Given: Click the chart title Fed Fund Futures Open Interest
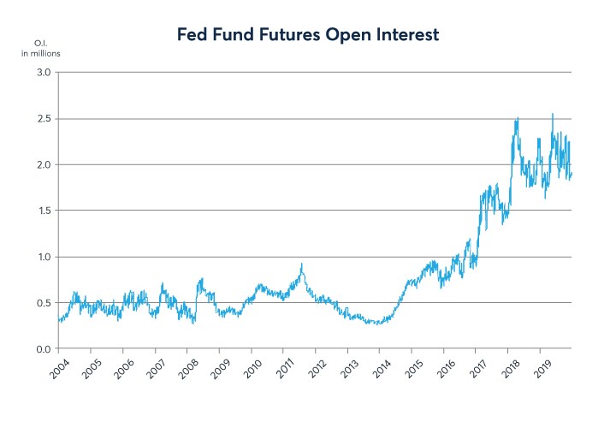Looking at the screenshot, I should (x=308, y=35).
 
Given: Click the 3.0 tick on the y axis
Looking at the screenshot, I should (x=42, y=72).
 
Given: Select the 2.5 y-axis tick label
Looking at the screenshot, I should (x=42, y=118).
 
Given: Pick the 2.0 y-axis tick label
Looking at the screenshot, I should (x=42, y=164).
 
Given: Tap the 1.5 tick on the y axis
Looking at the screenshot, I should (x=42, y=211).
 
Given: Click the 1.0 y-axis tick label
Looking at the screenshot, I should (x=42, y=257).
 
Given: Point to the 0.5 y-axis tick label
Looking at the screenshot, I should (x=42, y=303).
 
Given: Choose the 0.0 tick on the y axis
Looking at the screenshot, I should (x=42, y=349).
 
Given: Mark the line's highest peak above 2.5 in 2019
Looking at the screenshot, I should (x=552, y=114).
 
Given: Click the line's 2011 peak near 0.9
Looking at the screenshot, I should (x=301, y=264).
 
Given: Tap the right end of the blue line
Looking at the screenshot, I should (x=572, y=175).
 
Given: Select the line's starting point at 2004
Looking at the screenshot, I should (x=58, y=321).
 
